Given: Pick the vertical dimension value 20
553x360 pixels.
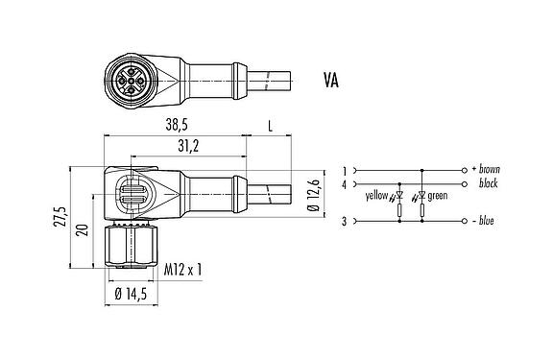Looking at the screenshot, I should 83,228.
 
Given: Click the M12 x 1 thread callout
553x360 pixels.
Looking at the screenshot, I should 182,270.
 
